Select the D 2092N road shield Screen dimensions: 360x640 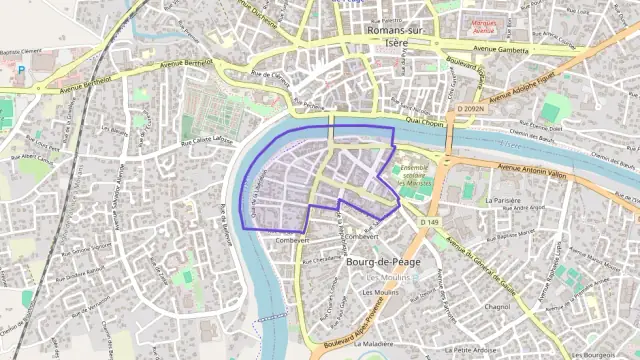tap(470, 108)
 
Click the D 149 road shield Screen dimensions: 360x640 tap(430, 221)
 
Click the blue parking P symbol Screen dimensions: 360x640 tap(20, 70)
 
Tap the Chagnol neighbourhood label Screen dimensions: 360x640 tap(496, 308)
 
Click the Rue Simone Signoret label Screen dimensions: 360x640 tap(88, 248)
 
